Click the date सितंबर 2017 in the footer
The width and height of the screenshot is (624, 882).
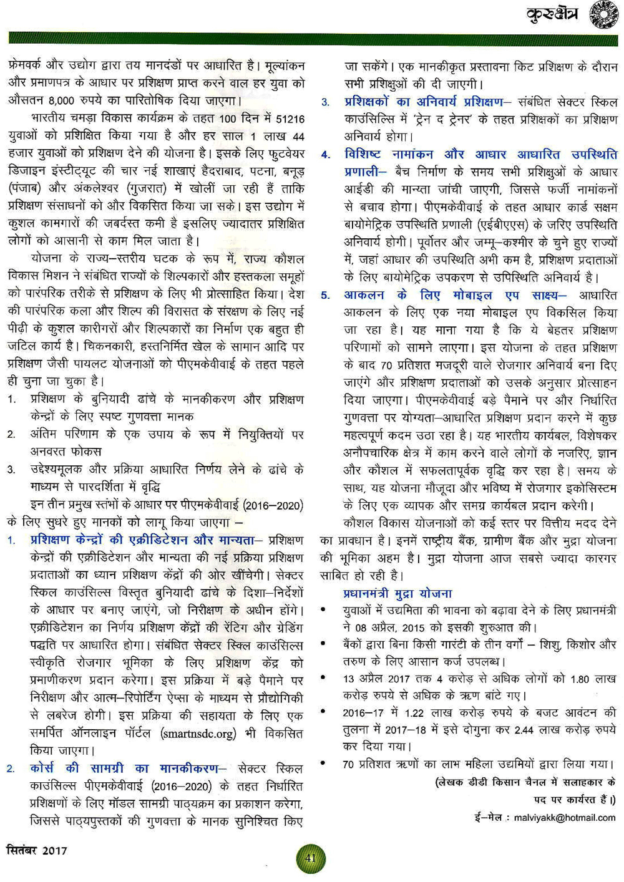coord(37,850)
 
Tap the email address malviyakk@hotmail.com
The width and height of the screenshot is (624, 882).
coord(564,817)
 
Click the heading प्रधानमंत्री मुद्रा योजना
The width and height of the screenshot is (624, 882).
coord(397,593)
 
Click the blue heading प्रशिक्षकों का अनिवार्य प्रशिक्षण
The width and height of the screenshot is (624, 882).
coord(424,102)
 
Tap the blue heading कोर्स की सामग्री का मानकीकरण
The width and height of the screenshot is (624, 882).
coord(124,768)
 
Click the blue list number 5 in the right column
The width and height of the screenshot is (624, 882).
coord(325,296)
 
